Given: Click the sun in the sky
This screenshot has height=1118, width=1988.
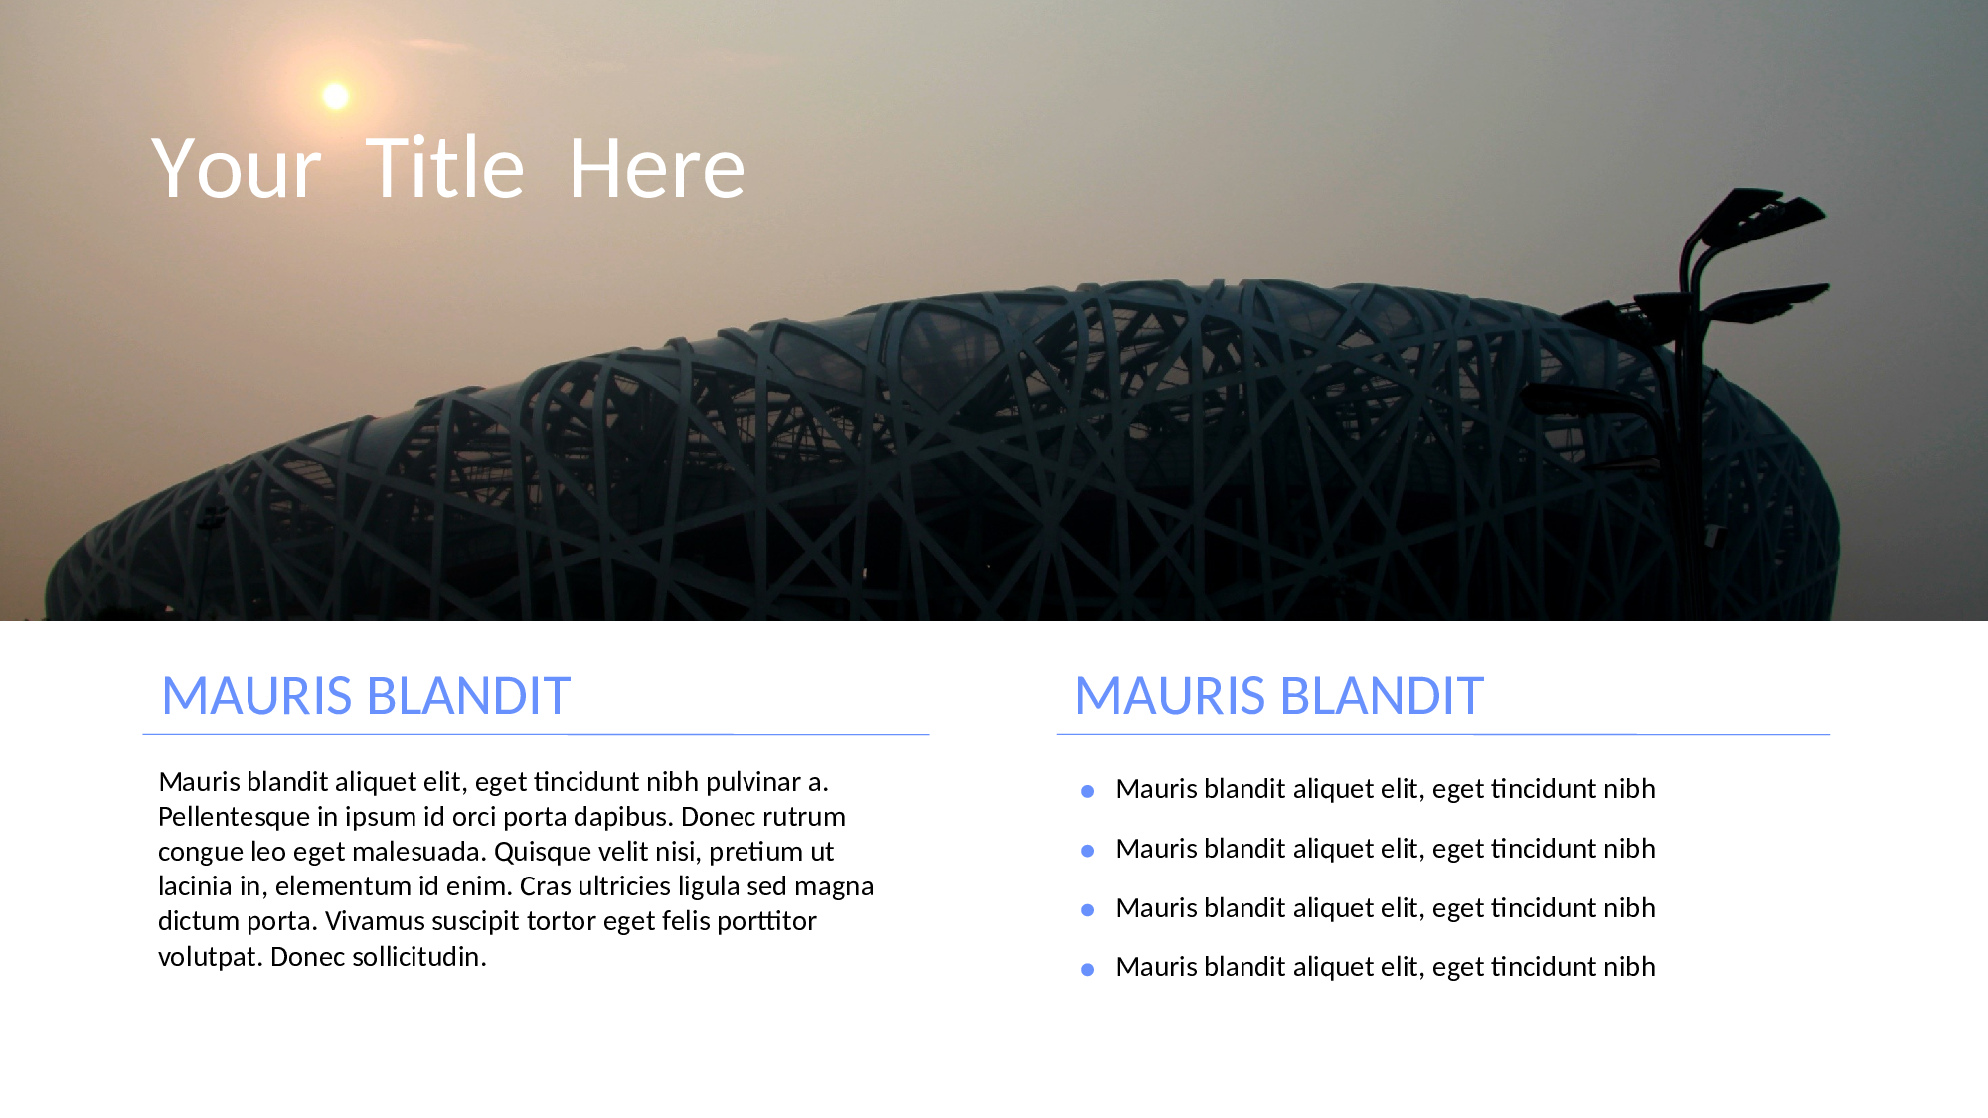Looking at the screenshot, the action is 336,96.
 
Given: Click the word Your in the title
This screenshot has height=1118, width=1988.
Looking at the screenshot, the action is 237,169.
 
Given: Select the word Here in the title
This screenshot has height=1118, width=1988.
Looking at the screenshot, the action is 657,168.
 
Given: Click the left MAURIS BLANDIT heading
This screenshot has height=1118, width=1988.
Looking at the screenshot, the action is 366,695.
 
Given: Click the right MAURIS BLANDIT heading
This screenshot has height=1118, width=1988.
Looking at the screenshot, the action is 1279,695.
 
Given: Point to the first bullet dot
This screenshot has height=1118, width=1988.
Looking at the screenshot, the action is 1088,791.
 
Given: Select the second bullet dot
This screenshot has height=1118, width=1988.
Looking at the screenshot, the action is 1088,851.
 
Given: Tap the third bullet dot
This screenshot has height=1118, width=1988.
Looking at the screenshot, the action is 1088,910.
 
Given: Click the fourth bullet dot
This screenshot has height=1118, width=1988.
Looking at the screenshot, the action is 1088,970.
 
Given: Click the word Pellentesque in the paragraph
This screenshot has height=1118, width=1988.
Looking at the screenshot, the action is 234,818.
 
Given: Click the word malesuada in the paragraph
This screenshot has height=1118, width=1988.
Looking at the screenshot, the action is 418,853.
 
